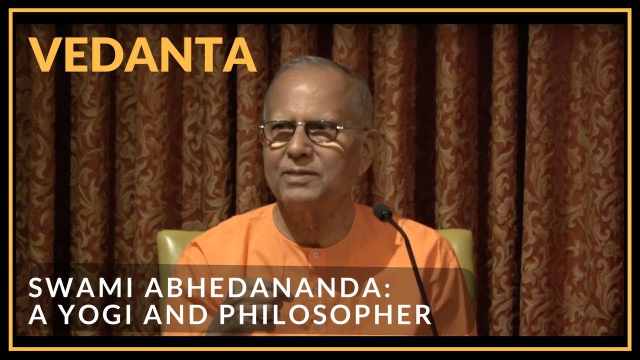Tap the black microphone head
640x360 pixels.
point(382,212)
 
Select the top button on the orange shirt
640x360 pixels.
point(315,255)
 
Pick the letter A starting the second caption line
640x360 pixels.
point(36,315)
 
